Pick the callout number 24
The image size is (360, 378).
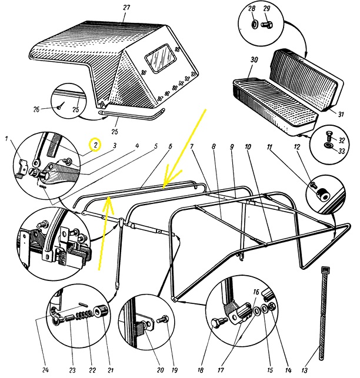point(45,370)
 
